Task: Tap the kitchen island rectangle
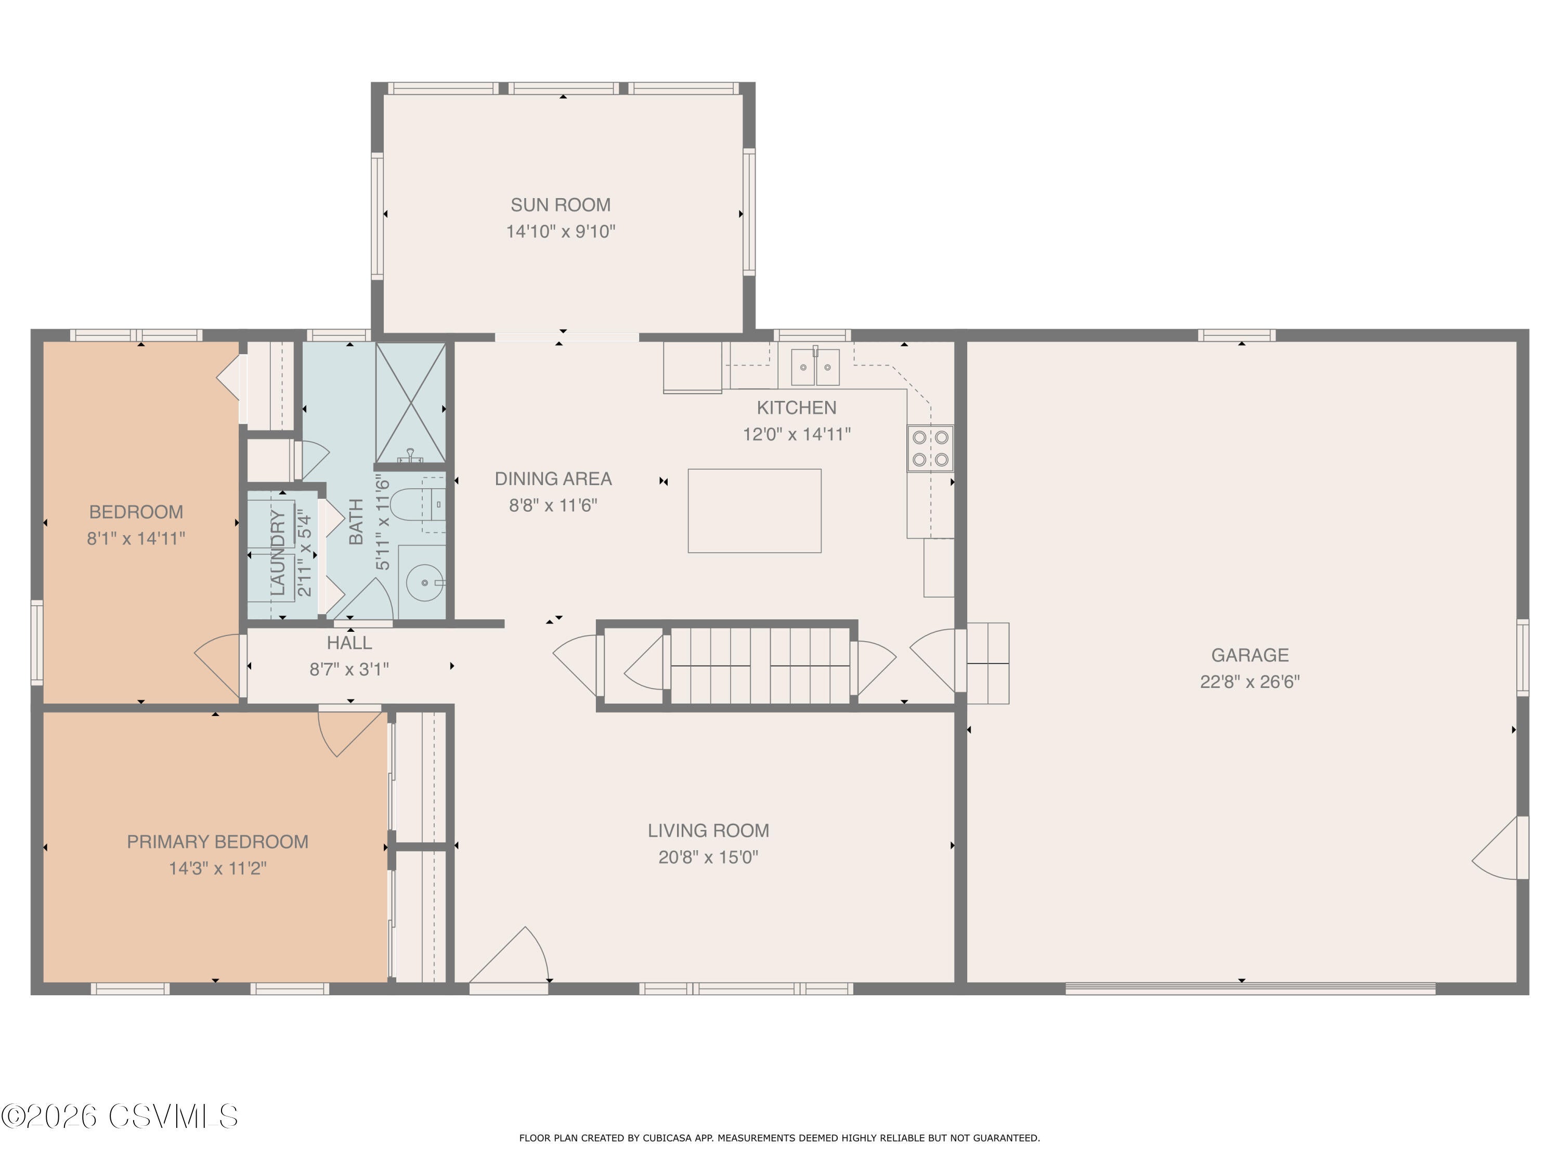tap(754, 511)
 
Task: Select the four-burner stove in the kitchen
tap(930, 449)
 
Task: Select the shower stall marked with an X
tap(410, 402)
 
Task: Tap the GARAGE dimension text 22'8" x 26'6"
tap(1249, 682)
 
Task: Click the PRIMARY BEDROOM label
tap(217, 841)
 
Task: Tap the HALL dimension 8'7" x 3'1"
tap(349, 669)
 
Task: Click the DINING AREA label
tap(553, 479)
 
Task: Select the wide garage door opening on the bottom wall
tap(1250, 989)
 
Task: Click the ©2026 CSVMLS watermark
tap(120, 1116)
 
